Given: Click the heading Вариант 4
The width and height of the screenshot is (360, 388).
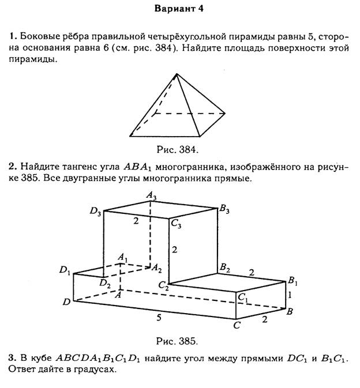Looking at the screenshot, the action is [179, 9].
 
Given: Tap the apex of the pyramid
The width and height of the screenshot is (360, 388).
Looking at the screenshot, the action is [177, 74].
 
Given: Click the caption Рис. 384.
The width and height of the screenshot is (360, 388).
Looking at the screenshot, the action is [177, 149].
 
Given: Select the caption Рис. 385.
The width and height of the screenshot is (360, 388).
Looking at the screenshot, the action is [177, 341].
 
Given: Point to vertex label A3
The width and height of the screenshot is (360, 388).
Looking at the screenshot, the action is [151, 195].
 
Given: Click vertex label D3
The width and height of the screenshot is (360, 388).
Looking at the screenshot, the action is [95, 212].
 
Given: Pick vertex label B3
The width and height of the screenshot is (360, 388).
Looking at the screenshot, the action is [224, 209].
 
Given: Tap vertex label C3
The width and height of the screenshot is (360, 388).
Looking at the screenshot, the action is [176, 224].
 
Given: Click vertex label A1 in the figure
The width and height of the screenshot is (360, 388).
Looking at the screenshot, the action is [122, 257].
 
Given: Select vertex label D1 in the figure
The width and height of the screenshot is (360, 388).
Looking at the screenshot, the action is [65, 270].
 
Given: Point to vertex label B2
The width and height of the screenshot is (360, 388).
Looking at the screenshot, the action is [225, 268].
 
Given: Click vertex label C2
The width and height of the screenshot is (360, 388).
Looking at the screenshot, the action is [163, 285].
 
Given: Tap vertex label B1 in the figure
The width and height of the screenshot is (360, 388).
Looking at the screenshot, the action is [292, 281].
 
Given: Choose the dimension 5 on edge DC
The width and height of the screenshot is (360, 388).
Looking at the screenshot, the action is [159, 318].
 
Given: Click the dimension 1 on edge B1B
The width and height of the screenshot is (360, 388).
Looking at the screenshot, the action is [290, 295].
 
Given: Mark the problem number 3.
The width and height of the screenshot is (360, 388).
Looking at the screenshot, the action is [12, 358].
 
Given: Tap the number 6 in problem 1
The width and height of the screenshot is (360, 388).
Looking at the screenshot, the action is [106, 48].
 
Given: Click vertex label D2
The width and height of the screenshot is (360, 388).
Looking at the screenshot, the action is [105, 283].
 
